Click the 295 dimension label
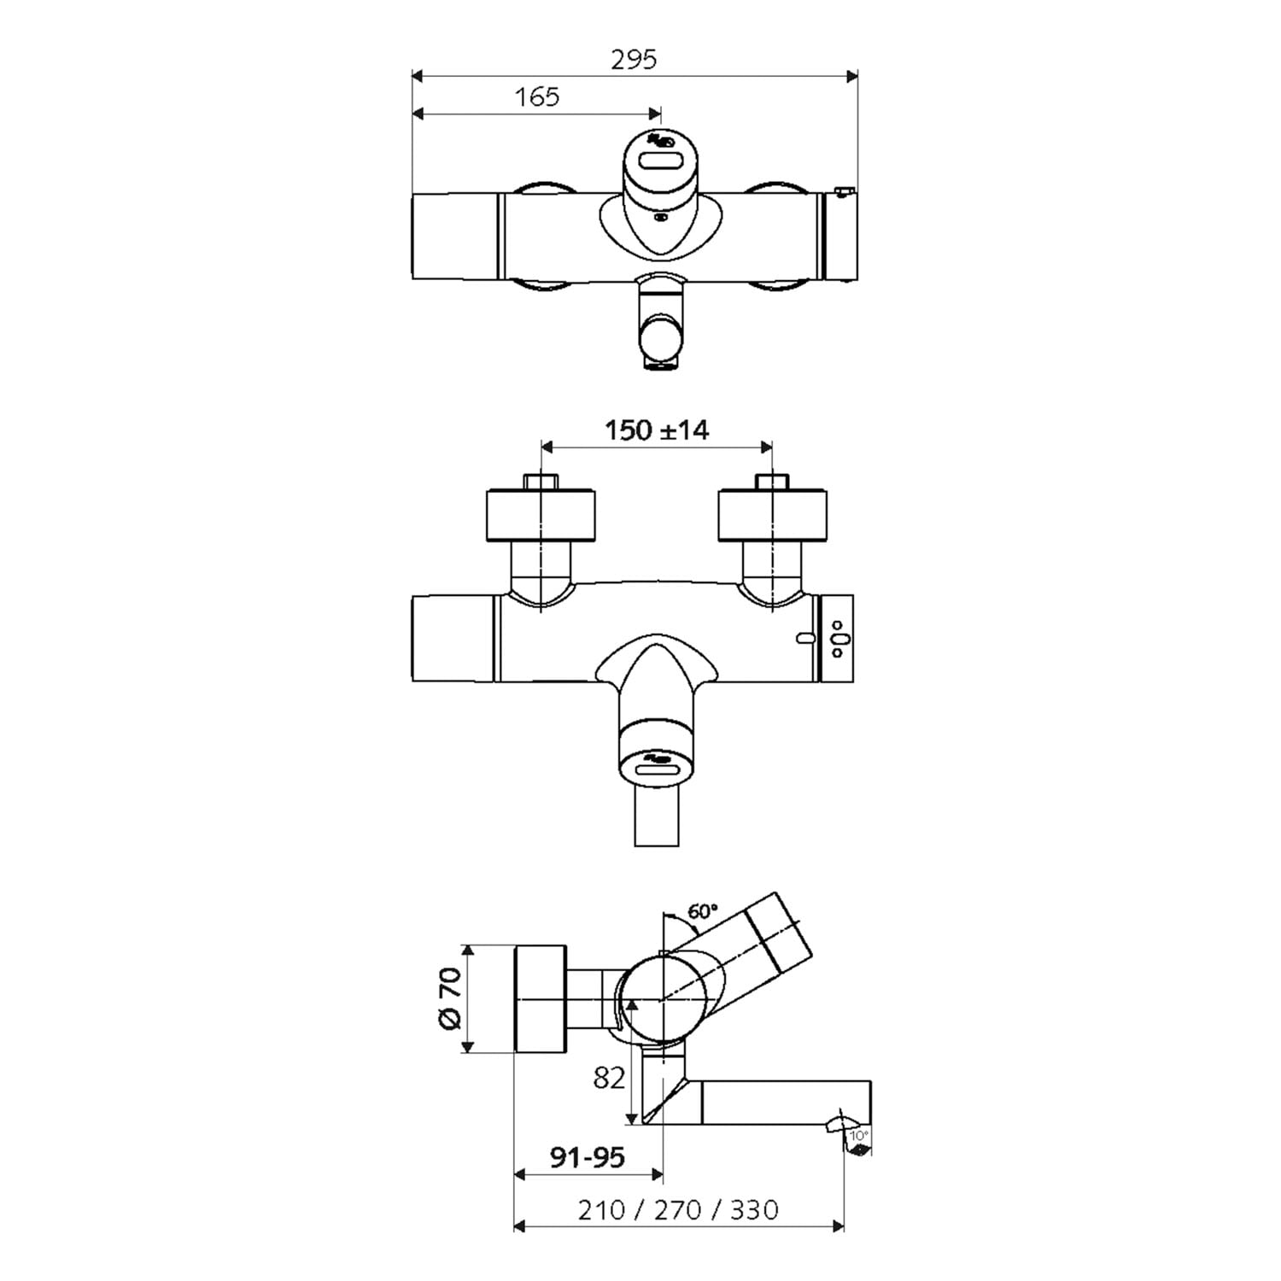click(635, 59)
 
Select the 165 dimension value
click(537, 97)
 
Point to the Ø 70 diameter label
click(450, 998)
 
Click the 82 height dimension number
click(609, 1079)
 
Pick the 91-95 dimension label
click(587, 1157)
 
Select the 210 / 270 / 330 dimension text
click(678, 1209)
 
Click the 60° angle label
click(702, 911)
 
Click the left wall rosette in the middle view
click(541, 515)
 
